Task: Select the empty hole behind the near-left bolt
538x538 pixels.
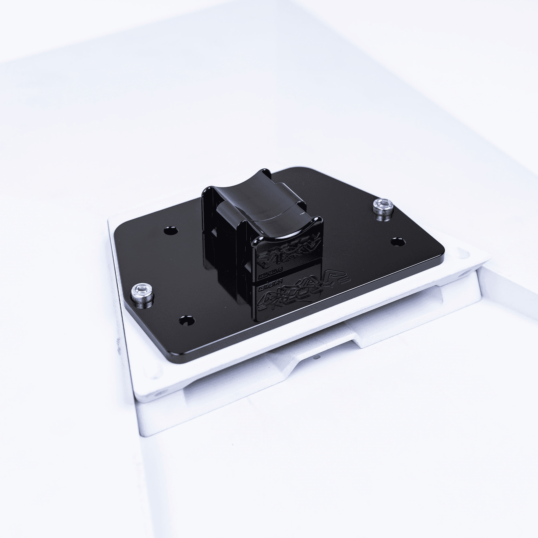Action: pyautogui.click(x=171, y=231)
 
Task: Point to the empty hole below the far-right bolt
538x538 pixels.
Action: pyautogui.click(x=397, y=242)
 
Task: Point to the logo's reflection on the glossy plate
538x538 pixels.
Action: pyautogui.click(x=290, y=301)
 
